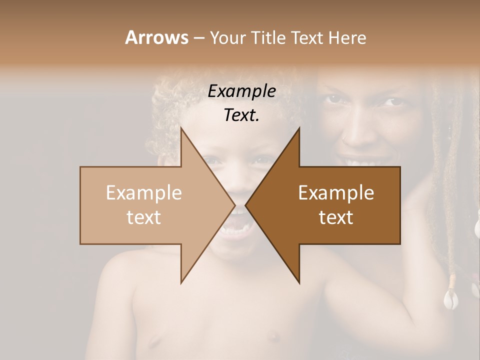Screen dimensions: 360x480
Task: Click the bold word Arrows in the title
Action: click(156, 37)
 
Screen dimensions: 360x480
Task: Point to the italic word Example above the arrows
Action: click(241, 91)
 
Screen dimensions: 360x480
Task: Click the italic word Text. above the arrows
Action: click(241, 115)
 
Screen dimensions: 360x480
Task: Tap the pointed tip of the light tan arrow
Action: click(234, 205)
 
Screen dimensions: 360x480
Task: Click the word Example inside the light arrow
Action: click(144, 193)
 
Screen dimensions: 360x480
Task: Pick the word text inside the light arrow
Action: click(144, 217)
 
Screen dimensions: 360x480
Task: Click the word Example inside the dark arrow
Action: click(336, 193)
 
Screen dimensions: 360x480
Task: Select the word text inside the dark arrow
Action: click(336, 217)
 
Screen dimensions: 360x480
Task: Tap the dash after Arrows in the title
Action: click(198, 38)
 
